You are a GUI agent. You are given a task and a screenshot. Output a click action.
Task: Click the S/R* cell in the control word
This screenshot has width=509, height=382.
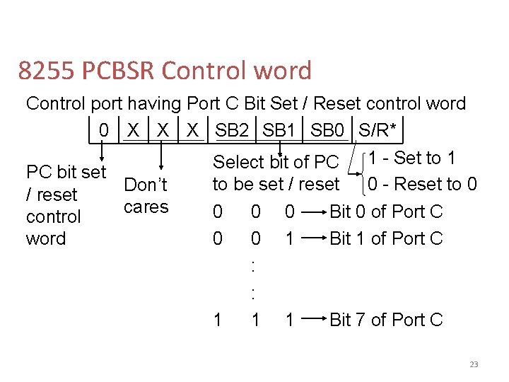(x=378, y=130)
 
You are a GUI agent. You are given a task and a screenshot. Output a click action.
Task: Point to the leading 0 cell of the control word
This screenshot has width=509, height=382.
(x=104, y=130)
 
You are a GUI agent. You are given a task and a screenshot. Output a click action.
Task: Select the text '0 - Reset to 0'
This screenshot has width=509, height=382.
(x=422, y=184)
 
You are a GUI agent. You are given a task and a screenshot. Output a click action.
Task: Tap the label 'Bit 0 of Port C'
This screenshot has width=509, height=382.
(x=386, y=211)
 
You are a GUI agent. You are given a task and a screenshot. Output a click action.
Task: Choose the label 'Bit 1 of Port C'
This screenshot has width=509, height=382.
(x=386, y=238)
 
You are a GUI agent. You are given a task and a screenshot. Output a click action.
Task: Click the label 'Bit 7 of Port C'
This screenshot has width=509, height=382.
(x=386, y=320)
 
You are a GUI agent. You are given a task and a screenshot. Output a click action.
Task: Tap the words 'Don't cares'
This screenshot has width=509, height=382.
(x=146, y=196)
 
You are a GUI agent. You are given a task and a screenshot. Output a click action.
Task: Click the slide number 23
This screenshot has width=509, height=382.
(x=473, y=364)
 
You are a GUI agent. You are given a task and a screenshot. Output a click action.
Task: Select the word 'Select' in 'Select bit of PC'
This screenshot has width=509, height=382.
(x=238, y=161)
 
